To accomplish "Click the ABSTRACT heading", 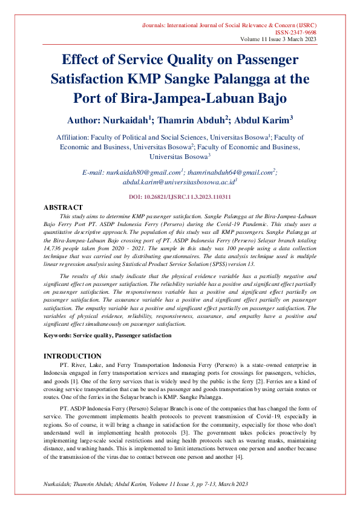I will (64, 207).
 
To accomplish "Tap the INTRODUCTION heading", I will (72, 356).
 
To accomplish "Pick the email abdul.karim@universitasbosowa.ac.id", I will (178, 181).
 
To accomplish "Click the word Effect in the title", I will (88, 60).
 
